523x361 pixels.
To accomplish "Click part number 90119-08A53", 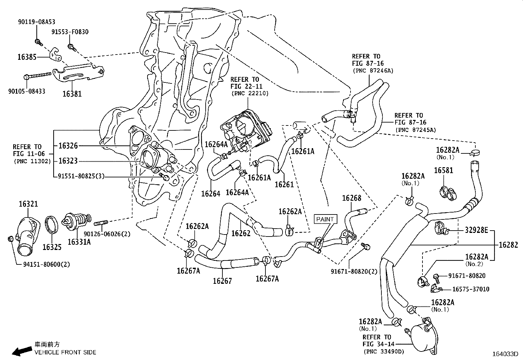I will [x=36, y=22].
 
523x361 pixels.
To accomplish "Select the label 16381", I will [x=72, y=94].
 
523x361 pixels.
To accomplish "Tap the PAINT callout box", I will [x=325, y=219].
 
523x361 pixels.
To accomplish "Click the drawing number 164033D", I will [x=505, y=354].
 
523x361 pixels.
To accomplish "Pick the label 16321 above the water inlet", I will [x=28, y=204].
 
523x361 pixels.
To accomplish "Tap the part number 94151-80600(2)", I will [x=42, y=264].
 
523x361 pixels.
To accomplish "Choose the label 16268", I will [x=352, y=198].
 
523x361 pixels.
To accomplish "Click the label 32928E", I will [x=476, y=230].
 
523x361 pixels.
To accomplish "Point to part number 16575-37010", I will [x=470, y=289].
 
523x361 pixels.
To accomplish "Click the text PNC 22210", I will [x=250, y=93].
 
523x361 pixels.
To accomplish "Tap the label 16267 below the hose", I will [x=222, y=281].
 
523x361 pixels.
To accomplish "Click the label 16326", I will [x=68, y=146].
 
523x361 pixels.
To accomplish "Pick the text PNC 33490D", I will [x=384, y=351].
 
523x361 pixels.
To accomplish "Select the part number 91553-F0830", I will [x=70, y=32].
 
